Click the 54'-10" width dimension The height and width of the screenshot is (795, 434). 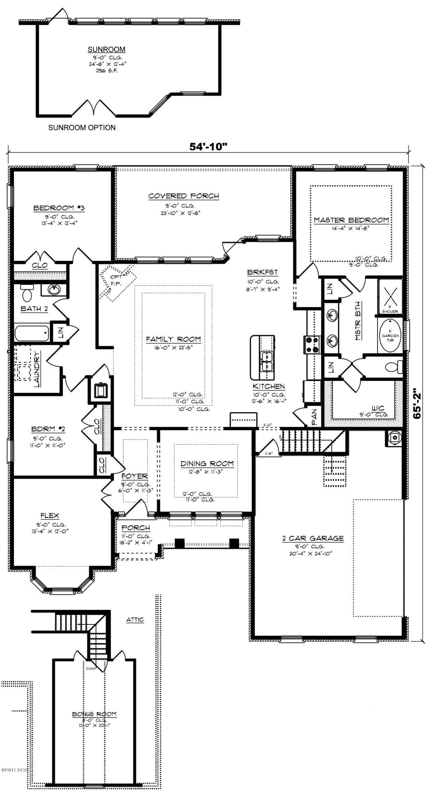pos(208,147)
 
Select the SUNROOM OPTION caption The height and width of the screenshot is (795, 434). pos(82,128)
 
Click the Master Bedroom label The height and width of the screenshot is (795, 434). pos(351,220)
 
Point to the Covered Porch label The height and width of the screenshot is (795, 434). pos(183,196)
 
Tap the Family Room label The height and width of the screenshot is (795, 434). pos(173,339)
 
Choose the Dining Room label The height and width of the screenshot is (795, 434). pos(207,463)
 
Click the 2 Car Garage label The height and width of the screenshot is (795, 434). pos(313,538)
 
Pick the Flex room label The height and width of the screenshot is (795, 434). pos(49,516)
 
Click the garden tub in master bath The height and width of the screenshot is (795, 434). pos(390,335)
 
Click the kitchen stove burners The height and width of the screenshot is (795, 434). pos(312,345)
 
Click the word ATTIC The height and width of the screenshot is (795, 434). pos(135,620)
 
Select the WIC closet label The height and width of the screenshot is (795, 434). pos(377,408)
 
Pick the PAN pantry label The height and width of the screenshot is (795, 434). pos(313,418)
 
